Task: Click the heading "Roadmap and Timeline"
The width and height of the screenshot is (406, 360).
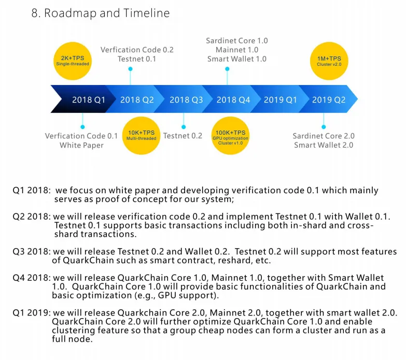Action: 107,13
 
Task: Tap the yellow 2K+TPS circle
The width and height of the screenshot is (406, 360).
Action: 73,61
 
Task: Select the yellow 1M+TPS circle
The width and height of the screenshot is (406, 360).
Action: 329,61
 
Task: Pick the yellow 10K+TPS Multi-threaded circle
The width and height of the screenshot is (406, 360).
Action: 141,136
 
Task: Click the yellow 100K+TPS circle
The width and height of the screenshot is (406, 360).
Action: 230,136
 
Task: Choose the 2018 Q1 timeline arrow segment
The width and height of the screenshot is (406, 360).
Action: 83,99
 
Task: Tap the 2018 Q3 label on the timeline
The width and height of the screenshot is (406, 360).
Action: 186,100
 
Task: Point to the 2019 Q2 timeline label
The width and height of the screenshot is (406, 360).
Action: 329,100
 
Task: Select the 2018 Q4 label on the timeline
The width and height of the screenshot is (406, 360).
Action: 233,100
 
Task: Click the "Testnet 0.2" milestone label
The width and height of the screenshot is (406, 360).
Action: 183,136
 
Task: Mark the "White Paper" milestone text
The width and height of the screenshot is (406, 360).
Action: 81,146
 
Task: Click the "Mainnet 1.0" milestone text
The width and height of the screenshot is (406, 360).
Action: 237,50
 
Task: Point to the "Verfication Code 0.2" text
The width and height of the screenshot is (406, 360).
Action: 137,50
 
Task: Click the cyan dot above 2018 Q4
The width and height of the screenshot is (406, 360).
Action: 227,69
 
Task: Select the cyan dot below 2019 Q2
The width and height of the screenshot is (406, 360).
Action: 324,127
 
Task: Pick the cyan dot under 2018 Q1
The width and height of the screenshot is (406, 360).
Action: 82,127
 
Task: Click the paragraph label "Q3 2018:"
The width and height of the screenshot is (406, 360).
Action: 32,252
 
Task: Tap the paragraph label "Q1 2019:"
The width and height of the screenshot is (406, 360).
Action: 32,313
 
